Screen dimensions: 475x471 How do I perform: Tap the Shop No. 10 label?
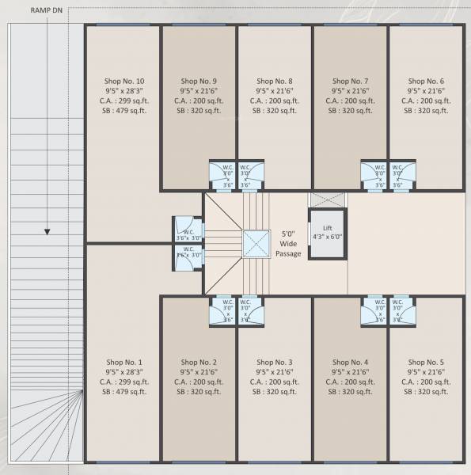pos(124,81)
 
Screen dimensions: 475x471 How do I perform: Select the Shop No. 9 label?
pos(199,81)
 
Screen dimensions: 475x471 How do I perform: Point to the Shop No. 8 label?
pos(275,81)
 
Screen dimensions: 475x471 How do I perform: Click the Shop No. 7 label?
pos(350,81)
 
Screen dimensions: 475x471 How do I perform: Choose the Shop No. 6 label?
pos(426,81)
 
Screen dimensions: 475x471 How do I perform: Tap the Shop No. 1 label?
pos(124,361)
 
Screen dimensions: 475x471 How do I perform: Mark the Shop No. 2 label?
pos(199,361)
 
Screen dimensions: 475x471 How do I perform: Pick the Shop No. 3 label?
pos(275,361)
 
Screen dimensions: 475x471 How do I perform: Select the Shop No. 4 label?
pos(350,361)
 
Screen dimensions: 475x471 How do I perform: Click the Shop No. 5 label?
pos(426,361)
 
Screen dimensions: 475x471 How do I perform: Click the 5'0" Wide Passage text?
pos(287,244)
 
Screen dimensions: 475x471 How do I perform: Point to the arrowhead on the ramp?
pos(47,232)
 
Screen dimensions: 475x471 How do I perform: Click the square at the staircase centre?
pos(256,244)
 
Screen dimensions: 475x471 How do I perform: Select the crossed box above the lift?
pos(326,199)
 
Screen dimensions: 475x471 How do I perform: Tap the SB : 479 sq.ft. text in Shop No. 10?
pos(124,112)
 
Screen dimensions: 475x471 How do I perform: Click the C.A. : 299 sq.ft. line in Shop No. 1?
pos(124,382)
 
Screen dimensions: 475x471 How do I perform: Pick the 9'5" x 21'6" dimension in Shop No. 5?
pos(426,371)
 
